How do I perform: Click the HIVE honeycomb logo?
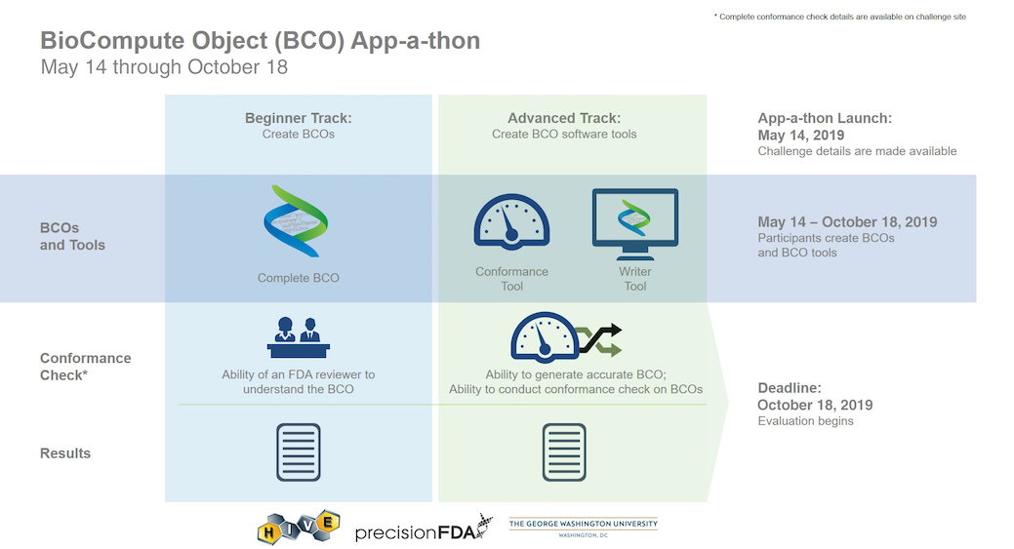click(298, 527)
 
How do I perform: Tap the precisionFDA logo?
click(424, 528)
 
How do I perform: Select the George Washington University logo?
click(584, 527)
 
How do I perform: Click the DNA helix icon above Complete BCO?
click(296, 221)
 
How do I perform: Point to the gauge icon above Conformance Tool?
click(511, 221)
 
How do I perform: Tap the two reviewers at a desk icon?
click(298, 337)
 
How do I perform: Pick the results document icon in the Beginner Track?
click(298, 452)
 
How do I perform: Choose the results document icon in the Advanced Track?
click(564, 452)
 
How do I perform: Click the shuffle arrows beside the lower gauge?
click(599, 339)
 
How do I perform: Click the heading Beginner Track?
click(298, 118)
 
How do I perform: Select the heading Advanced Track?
click(564, 118)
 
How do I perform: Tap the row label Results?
click(65, 453)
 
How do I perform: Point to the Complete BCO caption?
click(298, 278)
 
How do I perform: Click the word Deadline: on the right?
click(789, 388)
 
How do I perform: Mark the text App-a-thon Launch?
click(825, 118)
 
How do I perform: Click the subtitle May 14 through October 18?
click(164, 67)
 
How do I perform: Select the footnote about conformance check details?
click(840, 17)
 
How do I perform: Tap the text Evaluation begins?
click(805, 421)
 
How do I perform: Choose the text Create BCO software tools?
click(564, 135)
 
